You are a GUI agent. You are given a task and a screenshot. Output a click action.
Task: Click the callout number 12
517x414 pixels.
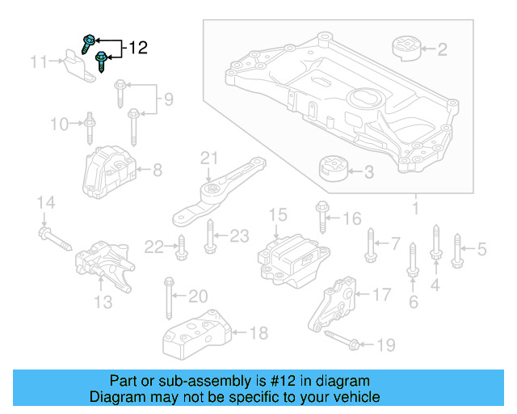pos(138,49)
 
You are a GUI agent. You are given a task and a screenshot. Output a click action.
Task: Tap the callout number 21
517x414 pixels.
pos(210,157)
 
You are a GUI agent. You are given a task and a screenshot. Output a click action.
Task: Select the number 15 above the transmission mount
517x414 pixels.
pos(278,215)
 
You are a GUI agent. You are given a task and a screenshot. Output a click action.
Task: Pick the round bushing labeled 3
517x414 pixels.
pos(331,171)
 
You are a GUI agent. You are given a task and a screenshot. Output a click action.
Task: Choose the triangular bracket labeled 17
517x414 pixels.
pos(335,305)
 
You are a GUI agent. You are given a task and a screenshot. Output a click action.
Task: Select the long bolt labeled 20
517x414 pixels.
pos(170,298)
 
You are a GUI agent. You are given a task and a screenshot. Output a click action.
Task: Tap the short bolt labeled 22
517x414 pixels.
pos(181,246)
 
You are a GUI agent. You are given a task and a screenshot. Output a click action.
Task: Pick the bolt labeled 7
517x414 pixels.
pos(371,244)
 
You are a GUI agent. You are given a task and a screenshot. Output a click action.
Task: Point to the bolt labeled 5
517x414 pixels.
pos(457,250)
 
